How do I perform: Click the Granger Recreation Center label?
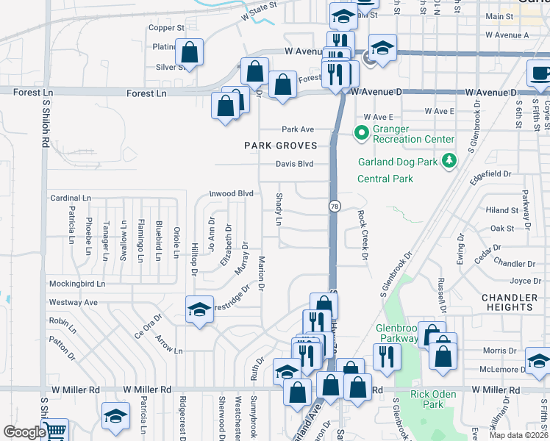pyautogui.click(x=413, y=135)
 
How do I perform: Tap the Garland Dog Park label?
pyautogui.click(x=398, y=162)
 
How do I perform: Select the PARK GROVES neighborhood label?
pyautogui.click(x=281, y=146)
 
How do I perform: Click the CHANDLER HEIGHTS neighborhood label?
pyautogui.click(x=509, y=301)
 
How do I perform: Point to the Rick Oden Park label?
pyautogui.click(x=426, y=399)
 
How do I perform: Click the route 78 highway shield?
pyautogui.click(x=335, y=207)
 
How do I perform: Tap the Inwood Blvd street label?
pyautogui.click(x=231, y=193)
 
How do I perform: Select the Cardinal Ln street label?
pyautogui.click(x=71, y=198)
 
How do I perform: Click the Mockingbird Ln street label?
pyautogui.click(x=77, y=284)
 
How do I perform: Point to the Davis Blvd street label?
pyautogui.click(x=295, y=164)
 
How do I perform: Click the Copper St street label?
pyautogui.click(x=166, y=28)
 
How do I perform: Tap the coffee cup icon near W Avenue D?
pyautogui.click(x=540, y=73)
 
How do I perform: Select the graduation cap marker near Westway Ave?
pyautogui.click(x=199, y=309)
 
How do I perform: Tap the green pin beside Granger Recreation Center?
pyautogui.click(x=361, y=133)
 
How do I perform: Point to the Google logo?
pyautogui.click(x=24, y=432)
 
